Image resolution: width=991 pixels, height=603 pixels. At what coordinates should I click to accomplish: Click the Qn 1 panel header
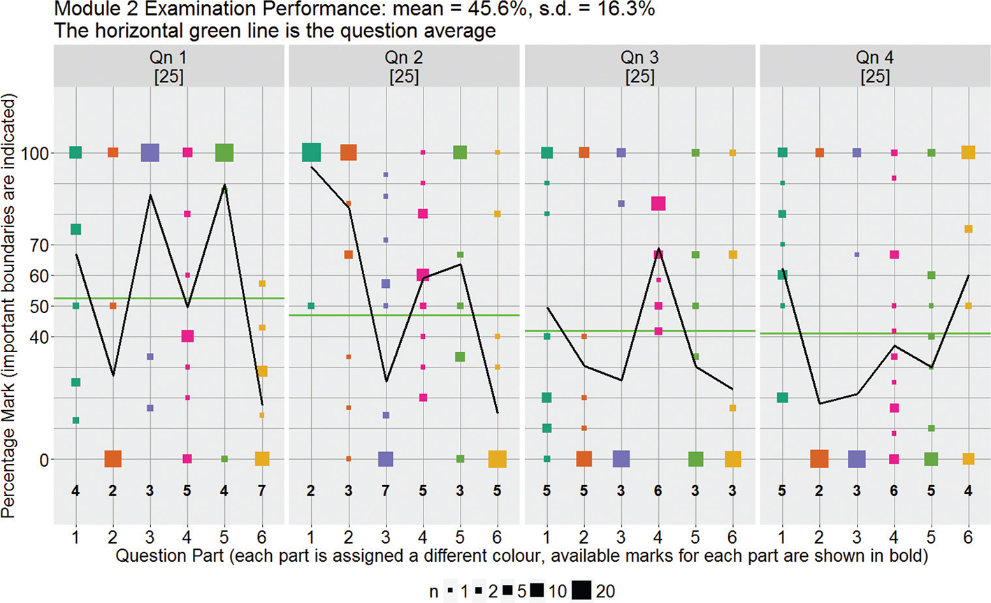pyautogui.click(x=168, y=66)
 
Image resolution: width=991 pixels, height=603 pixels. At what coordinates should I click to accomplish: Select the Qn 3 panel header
pyautogui.click(x=639, y=66)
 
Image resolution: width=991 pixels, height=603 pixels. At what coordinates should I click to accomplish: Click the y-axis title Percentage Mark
pyautogui.click(x=9, y=307)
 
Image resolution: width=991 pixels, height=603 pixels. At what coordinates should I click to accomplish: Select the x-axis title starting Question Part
pyautogui.click(x=521, y=556)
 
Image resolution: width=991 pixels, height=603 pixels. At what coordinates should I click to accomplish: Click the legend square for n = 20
pyautogui.click(x=581, y=591)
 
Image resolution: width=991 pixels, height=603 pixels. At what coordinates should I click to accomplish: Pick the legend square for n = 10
pyautogui.click(x=537, y=591)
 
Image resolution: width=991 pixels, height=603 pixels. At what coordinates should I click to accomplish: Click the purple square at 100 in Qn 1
pyautogui.click(x=150, y=152)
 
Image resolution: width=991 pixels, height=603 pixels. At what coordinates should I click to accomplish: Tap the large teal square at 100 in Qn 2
pyautogui.click(x=311, y=152)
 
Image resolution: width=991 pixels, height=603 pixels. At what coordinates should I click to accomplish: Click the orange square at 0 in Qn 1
pyautogui.click(x=113, y=459)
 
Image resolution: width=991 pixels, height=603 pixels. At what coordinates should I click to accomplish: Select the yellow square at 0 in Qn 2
pyautogui.click(x=497, y=459)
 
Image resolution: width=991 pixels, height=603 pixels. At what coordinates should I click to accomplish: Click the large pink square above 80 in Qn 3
pyautogui.click(x=658, y=203)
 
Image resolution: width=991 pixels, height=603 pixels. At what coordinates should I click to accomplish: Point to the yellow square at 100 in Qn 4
pyautogui.click(x=968, y=152)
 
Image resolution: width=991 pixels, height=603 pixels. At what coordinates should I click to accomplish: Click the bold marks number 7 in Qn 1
pyautogui.click(x=261, y=491)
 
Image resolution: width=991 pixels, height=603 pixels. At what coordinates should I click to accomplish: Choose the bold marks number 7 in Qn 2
pyautogui.click(x=385, y=491)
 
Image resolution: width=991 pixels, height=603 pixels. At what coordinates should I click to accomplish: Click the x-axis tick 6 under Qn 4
pyautogui.click(x=968, y=536)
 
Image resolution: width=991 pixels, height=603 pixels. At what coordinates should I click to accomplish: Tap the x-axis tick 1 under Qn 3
pyautogui.click(x=547, y=536)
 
